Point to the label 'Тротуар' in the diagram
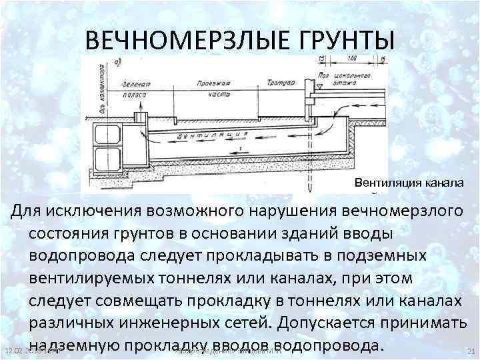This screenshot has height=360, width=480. (x=276, y=85)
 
